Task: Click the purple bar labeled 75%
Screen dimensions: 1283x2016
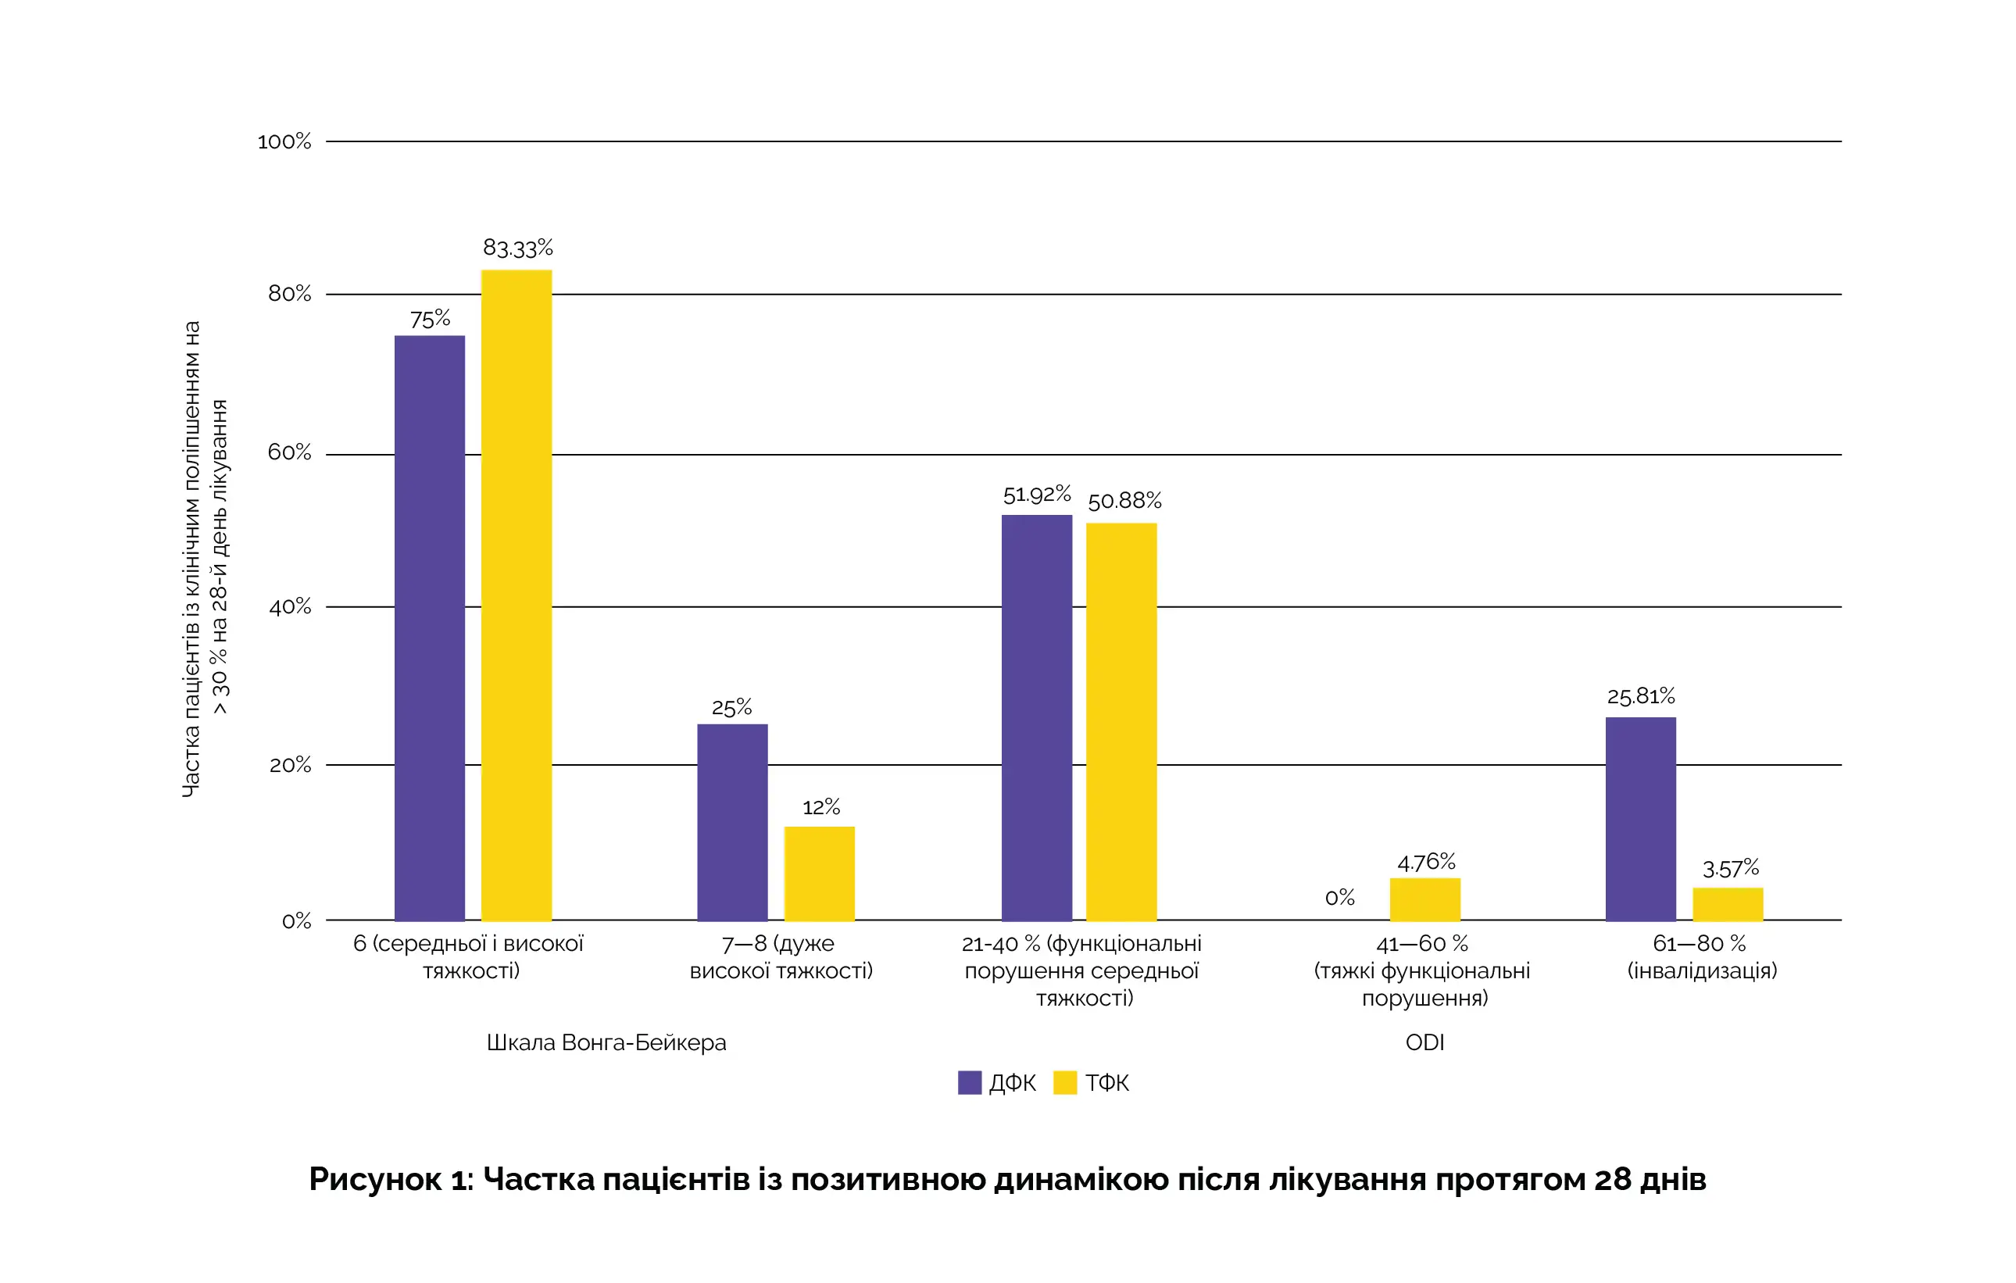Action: tap(430, 627)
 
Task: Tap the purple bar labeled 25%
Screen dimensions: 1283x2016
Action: tap(733, 822)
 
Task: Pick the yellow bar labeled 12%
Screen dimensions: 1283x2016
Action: tap(820, 874)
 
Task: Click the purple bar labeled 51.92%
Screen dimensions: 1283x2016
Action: tap(1036, 717)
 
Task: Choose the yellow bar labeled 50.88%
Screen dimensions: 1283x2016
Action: tap(1122, 721)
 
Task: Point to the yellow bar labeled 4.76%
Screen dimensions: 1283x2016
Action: tap(1425, 899)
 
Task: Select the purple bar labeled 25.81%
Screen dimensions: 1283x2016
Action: tap(1641, 819)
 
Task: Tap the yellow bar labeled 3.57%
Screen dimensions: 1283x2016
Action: tap(1728, 905)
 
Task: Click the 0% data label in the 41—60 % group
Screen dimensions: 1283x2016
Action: tap(1339, 898)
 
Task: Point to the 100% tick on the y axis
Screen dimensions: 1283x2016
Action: tap(284, 141)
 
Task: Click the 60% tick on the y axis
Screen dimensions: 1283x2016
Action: tap(290, 452)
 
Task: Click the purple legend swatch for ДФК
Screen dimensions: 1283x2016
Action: tap(970, 1083)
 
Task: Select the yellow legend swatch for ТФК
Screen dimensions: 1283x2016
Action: tap(1065, 1083)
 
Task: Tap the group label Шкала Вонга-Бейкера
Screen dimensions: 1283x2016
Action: tap(606, 1043)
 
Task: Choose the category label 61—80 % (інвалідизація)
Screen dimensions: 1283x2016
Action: tap(1701, 956)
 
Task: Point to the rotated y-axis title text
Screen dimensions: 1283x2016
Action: tap(205, 558)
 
